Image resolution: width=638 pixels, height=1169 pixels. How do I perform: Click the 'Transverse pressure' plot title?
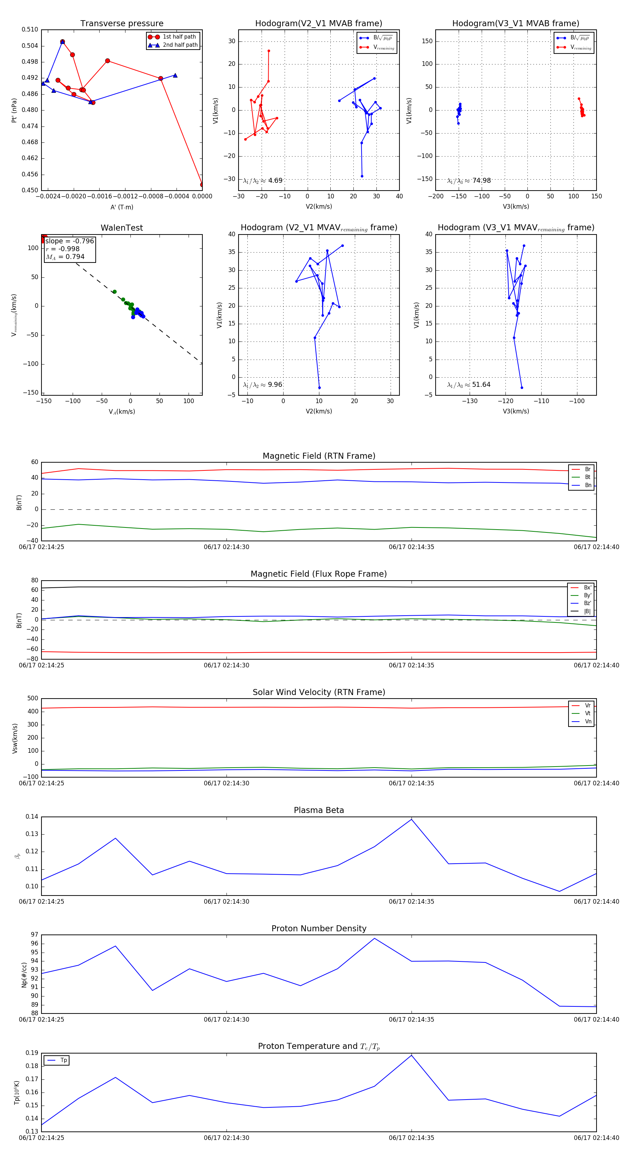(x=122, y=24)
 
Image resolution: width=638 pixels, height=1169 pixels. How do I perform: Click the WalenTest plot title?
(x=122, y=228)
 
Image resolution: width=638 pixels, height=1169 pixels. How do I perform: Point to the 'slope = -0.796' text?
(x=69, y=241)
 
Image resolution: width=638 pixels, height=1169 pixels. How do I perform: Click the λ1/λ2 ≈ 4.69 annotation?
(x=262, y=181)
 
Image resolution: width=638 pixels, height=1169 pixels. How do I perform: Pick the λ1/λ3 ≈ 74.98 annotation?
(x=469, y=181)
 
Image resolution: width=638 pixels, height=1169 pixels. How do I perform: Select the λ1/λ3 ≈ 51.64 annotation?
(x=469, y=385)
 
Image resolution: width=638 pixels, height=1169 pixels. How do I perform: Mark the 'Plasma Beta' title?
(x=319, y=810)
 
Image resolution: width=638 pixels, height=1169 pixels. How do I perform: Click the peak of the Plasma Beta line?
(x=412, y=819)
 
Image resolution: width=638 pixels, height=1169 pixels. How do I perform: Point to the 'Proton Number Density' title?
(x=319, y=928)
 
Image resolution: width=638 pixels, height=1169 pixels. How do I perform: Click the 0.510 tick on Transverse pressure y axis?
(x=30, y=29)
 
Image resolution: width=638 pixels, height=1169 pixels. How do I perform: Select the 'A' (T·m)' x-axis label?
(x=122, y=207)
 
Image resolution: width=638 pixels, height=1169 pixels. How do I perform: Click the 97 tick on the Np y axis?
(x=34, y=934)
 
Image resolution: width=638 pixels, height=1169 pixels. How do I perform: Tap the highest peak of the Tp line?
(x=412, y=1055)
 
